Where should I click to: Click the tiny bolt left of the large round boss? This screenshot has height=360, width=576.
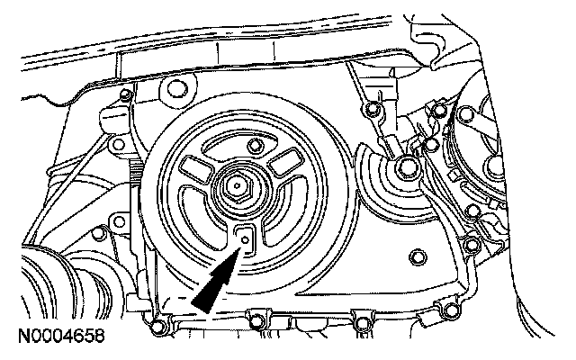126,94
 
